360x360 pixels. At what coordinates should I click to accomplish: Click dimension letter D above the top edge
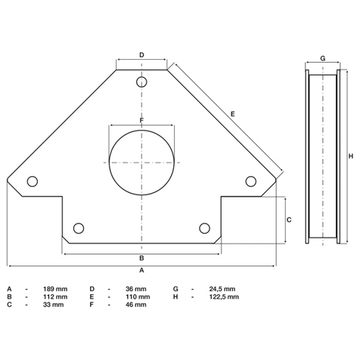(141, 54)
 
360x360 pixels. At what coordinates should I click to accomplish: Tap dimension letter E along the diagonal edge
(233, 114)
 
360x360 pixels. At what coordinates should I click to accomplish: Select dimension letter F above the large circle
(141, 120)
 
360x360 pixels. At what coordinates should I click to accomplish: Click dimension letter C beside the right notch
(289, 220)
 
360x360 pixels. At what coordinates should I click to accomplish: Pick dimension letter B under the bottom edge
(141, 258)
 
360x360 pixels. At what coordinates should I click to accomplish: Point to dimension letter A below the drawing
(141, 270)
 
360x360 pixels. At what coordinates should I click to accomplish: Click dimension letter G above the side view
(323, 58)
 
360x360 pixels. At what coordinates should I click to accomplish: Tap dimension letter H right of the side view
(351, 157)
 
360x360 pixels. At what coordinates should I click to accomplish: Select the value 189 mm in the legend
(55, 289)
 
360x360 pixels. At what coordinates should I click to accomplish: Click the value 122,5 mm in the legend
(224, 296)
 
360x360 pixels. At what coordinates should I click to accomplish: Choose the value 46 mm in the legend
(136, 305)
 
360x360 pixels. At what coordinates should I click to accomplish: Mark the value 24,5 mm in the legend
(222, 289)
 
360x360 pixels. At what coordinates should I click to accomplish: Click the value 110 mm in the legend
(138, 296)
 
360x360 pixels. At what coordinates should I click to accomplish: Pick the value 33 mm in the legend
(54, 305)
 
